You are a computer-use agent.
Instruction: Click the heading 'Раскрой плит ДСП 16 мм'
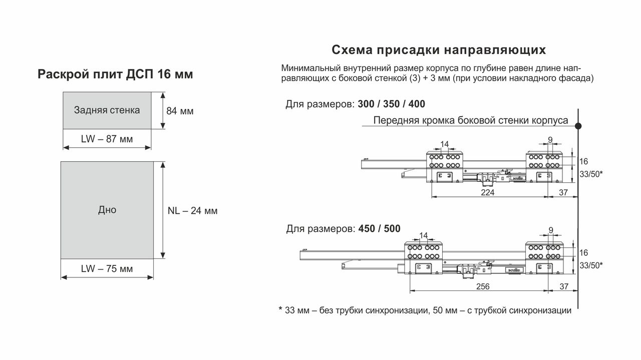pos(115,74)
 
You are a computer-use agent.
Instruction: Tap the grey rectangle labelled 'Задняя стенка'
pos(107,111)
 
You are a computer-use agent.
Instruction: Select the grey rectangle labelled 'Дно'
pos(107,210)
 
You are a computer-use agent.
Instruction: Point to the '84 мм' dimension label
pos(180,111)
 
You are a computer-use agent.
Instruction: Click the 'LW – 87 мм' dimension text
pos(107,139)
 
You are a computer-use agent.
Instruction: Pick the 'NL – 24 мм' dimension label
pos(193,211)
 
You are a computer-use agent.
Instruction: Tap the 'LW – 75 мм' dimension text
pos(107,269)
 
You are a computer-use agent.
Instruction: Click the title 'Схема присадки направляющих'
pos(439,50)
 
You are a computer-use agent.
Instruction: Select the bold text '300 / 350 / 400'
pos(392,104)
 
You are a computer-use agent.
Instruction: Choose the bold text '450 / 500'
pos(380,229)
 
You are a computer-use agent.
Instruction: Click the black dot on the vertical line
pos(578,126)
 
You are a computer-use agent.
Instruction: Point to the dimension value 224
pos(488,193)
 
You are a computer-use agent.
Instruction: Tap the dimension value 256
pos(483,286)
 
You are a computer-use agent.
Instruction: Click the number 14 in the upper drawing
pos(444,144)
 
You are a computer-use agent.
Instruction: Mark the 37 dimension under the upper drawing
pos(563,193)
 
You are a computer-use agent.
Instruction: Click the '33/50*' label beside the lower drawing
pos(591,265)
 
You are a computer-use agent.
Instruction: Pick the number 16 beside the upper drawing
pos(584,162)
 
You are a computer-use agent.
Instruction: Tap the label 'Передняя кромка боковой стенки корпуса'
pos(471,121)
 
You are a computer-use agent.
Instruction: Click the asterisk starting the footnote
pos(281,309)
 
